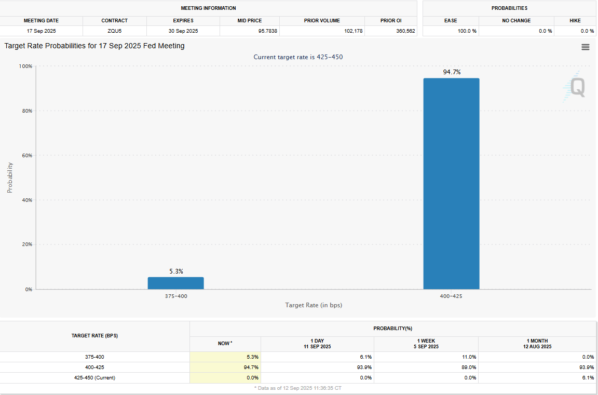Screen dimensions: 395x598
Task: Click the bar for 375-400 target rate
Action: click(x=175, y=283)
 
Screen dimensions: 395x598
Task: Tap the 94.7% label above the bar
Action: click(x=452, y=72)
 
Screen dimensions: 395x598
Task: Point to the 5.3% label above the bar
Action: click(x=176, y=271)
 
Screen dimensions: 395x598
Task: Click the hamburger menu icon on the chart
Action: click(x=586, y=47)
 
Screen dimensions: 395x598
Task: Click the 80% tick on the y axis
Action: click(x=25, y=111)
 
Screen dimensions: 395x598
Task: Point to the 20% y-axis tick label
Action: click(x=25, y=244)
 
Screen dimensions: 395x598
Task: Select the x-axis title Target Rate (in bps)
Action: click(x=314, y=305)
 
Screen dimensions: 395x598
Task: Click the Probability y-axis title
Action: click(x=10, y=178)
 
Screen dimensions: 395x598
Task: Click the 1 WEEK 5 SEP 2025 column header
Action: click(x=426, y=344)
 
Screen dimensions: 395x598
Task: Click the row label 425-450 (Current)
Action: click(x=94, y=378)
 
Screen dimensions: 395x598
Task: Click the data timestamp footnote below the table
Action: click(x=297, y=388)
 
